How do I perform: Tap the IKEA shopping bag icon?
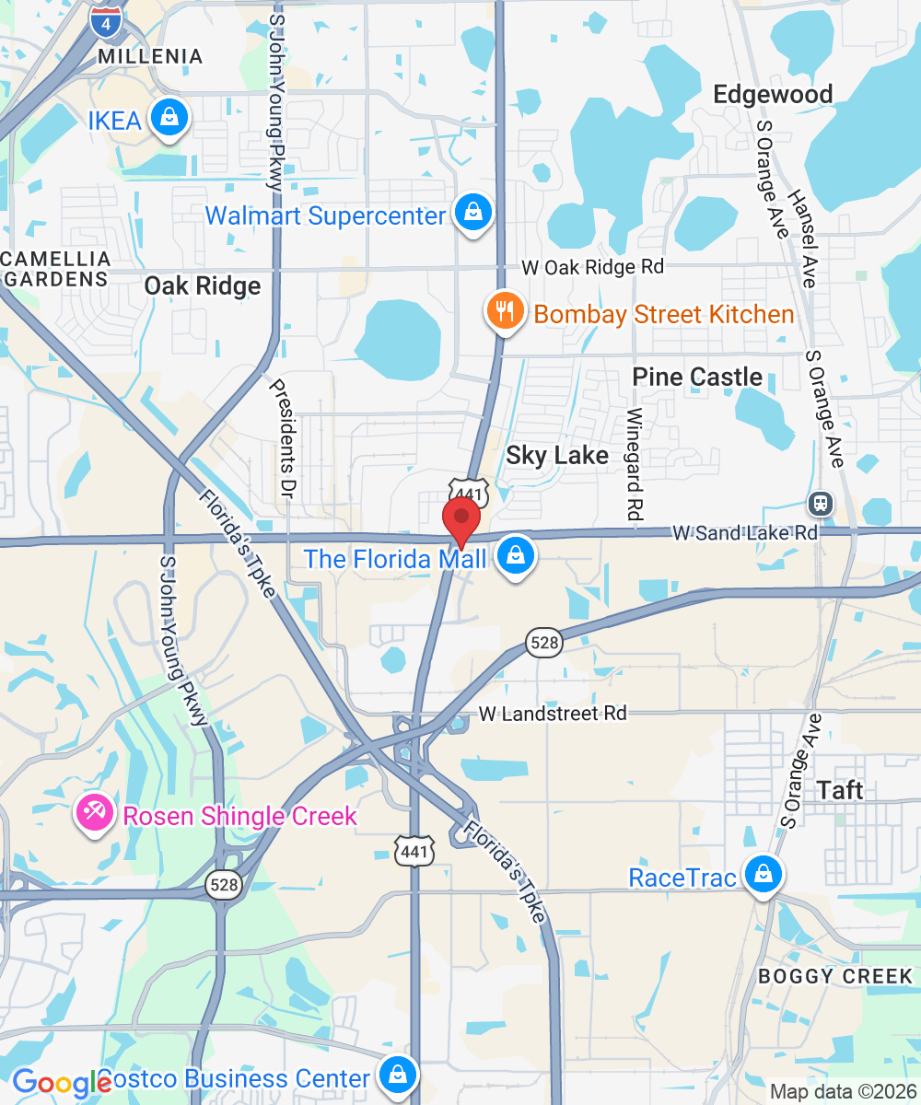click(169, 118)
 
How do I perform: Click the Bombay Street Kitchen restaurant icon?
click(505, 311)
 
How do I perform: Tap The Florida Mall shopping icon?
click(517, 556)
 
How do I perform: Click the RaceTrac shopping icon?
click(764, 875)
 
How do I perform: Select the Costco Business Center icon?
click(396, 1076)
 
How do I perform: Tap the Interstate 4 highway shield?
click(106, 21)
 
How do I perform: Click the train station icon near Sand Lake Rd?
click(819, 503)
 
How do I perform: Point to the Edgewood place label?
click(773, 95)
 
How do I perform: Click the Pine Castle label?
click(697, 377)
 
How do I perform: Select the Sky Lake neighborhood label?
click(557, 456)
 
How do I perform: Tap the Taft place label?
click(840, 790)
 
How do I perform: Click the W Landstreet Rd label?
click(553, 714)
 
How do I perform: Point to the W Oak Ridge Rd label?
click(592, 267)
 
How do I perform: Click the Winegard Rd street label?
click(635, 460)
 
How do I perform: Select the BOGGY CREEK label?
click(835, 976)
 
